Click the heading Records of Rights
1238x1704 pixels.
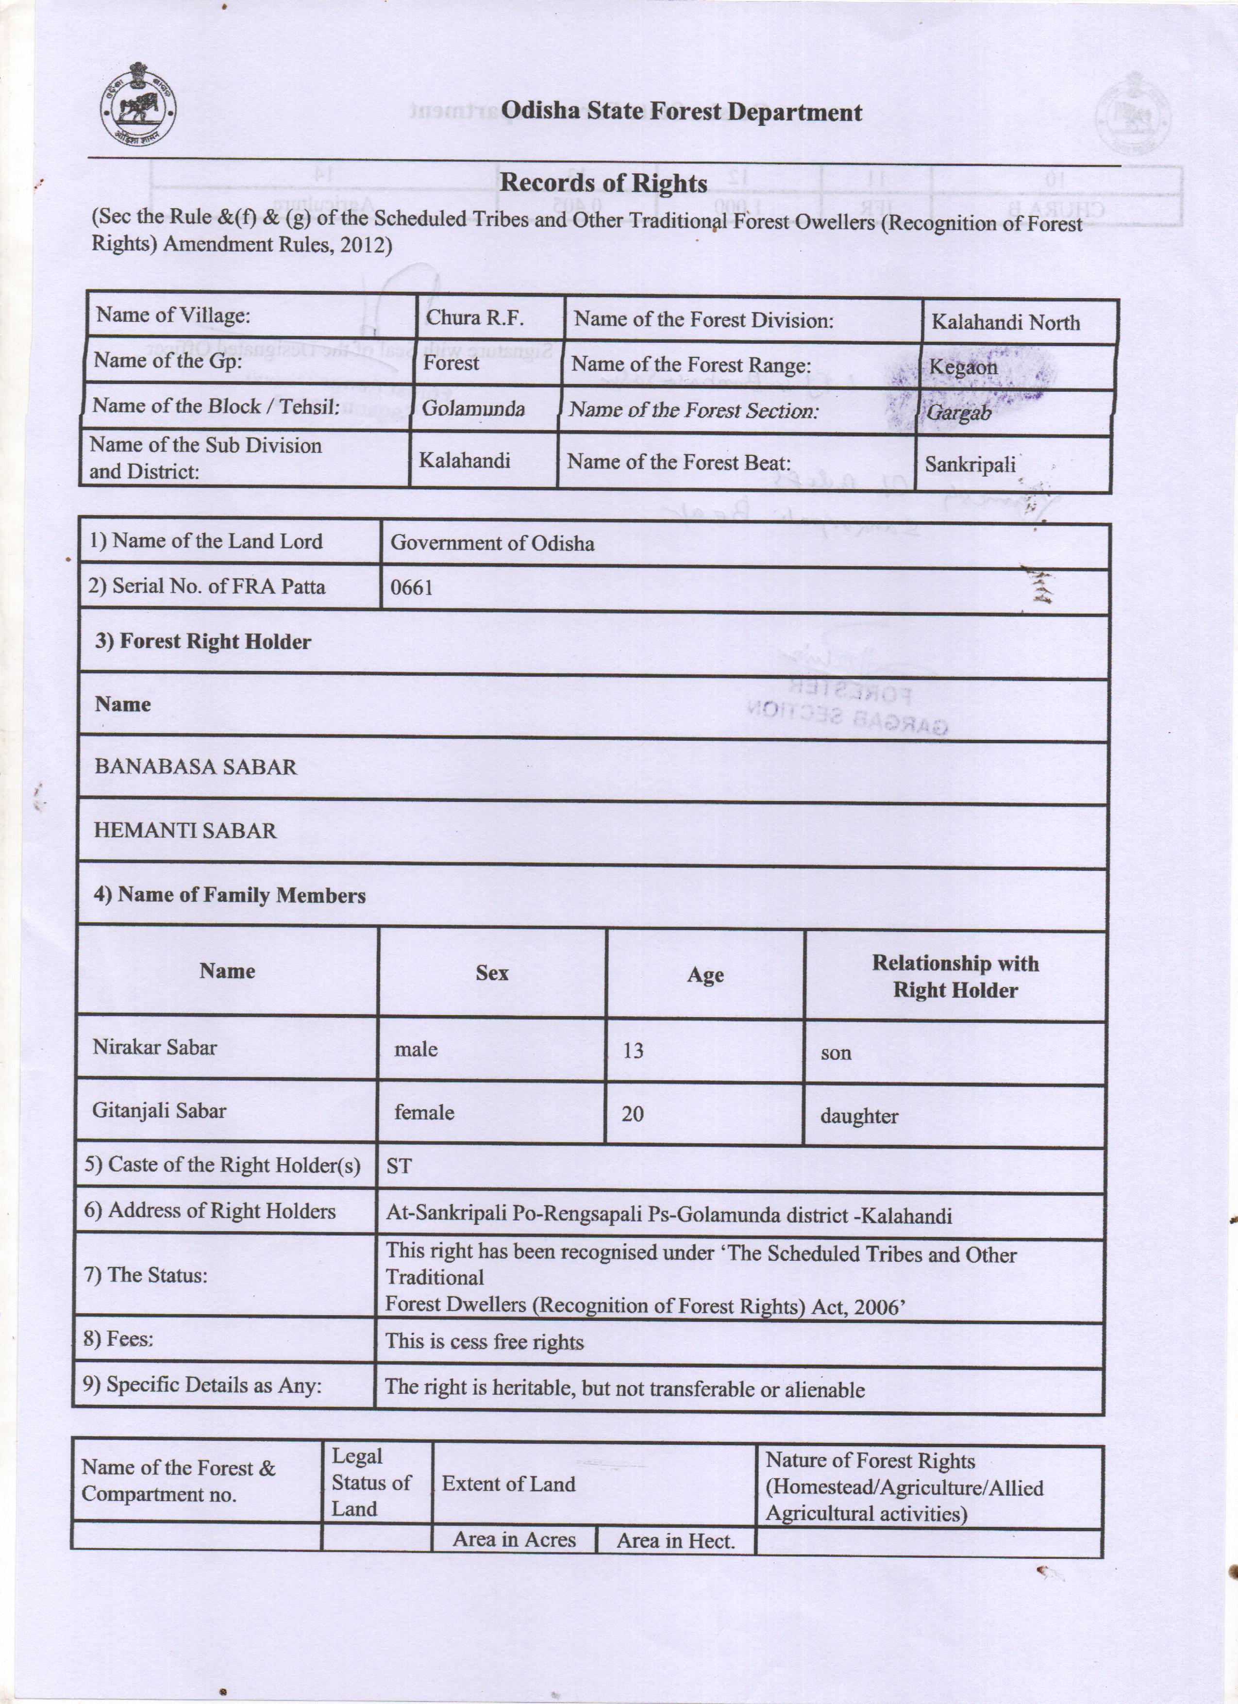point(603,183)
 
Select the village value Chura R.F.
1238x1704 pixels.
point(474,318)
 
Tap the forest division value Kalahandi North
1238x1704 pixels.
point(1005,322)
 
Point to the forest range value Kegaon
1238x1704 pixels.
point(963,368)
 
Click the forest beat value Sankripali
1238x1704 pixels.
point(970,464)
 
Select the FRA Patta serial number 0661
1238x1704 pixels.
point(412,587)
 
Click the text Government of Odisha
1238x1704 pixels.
point(492,543)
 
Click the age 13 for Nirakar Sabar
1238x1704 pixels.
point(633,1051)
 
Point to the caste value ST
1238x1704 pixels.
point(399,1166)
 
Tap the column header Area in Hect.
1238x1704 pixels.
point(675,1541)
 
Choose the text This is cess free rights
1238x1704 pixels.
point(485,1342)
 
